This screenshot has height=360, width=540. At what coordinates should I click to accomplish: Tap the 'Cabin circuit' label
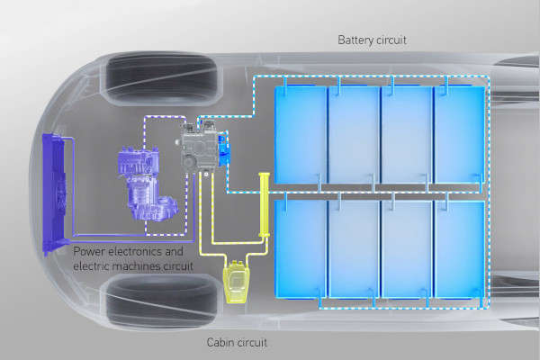[x=237, y=342]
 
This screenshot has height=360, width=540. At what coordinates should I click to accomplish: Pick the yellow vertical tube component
[x=265, y=205]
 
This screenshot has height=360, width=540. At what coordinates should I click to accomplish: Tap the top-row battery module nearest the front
[x=300, y=134]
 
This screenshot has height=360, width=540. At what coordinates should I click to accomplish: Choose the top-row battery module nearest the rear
[x=460, y=134]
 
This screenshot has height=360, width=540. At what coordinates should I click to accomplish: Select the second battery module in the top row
[x=354, y=134]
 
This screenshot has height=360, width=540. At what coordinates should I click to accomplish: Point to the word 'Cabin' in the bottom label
[x=221, y=342]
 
